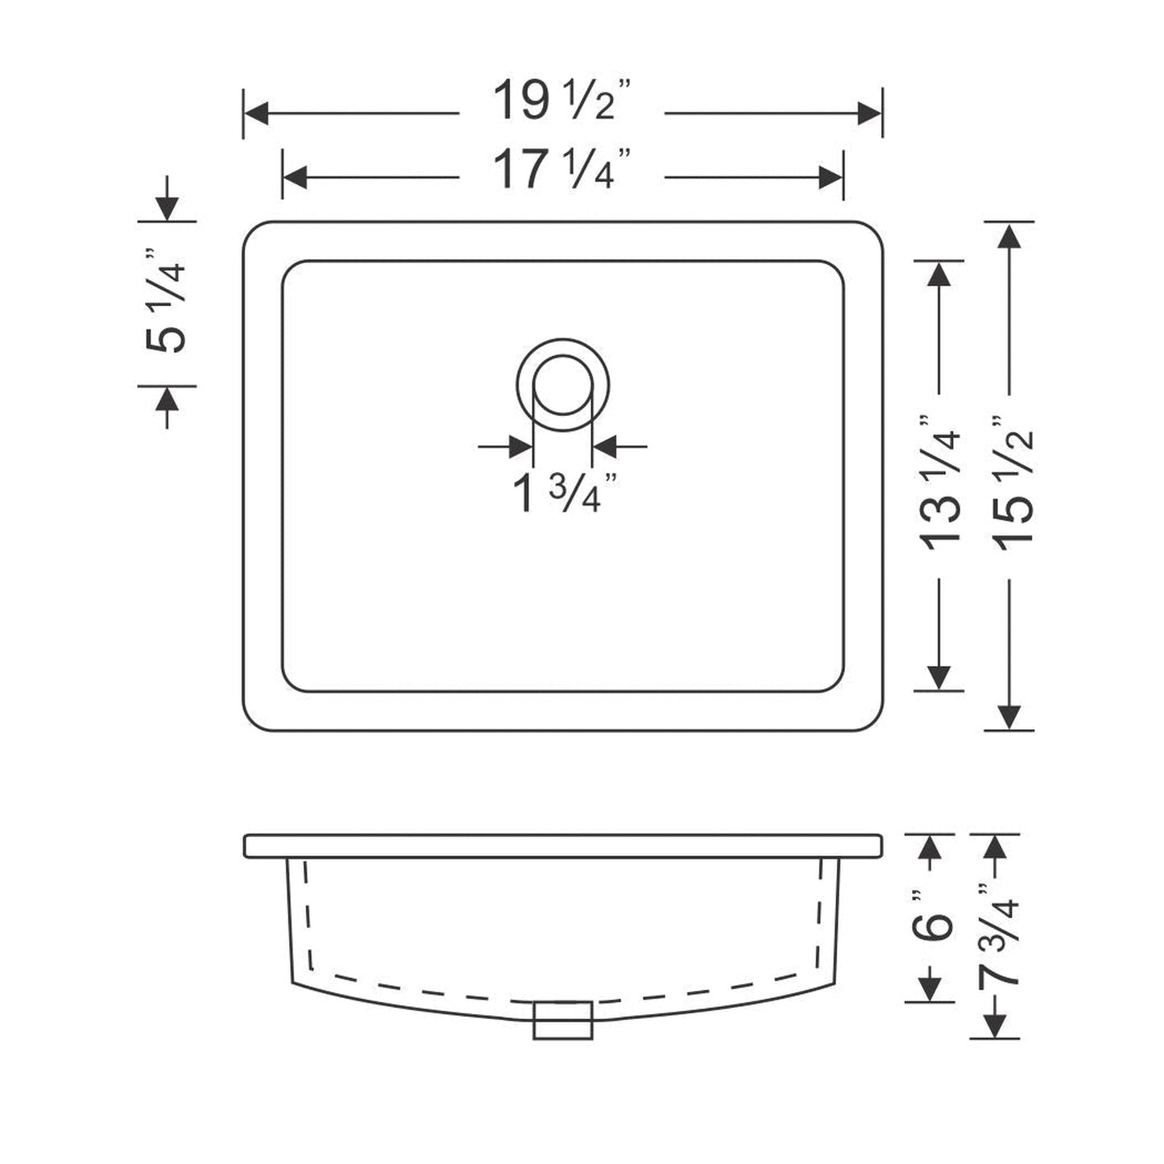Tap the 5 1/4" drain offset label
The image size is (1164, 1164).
[x=167, y=304]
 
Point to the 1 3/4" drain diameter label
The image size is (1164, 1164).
[x=564, y=492]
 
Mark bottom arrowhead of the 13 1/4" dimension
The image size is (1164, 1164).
[x=938, y=677]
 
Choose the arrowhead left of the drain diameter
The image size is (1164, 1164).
[x=520, y=445]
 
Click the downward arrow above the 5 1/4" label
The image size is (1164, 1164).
[x=167, y=209]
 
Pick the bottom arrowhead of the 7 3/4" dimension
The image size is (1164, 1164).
[x=995, y=1025]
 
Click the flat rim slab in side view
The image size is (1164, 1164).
[x=562, y=846]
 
